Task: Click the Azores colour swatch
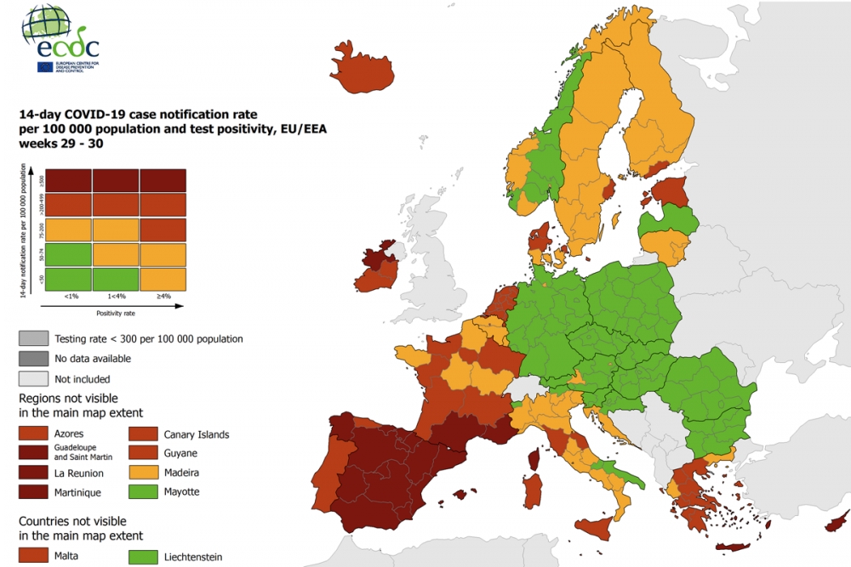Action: pyautogui.click(x=32, y=434)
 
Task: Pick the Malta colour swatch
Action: pyautogui.click(x=32, y=556)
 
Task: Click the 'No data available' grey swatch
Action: pyautogui.click(x=32, y=359)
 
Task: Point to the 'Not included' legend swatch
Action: pyautogui.click(x=32, y=378)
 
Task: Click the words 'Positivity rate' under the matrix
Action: pyautogui.click(x=116, y=313)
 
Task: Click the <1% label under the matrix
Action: pyautogui.click(x=68, y=297)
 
